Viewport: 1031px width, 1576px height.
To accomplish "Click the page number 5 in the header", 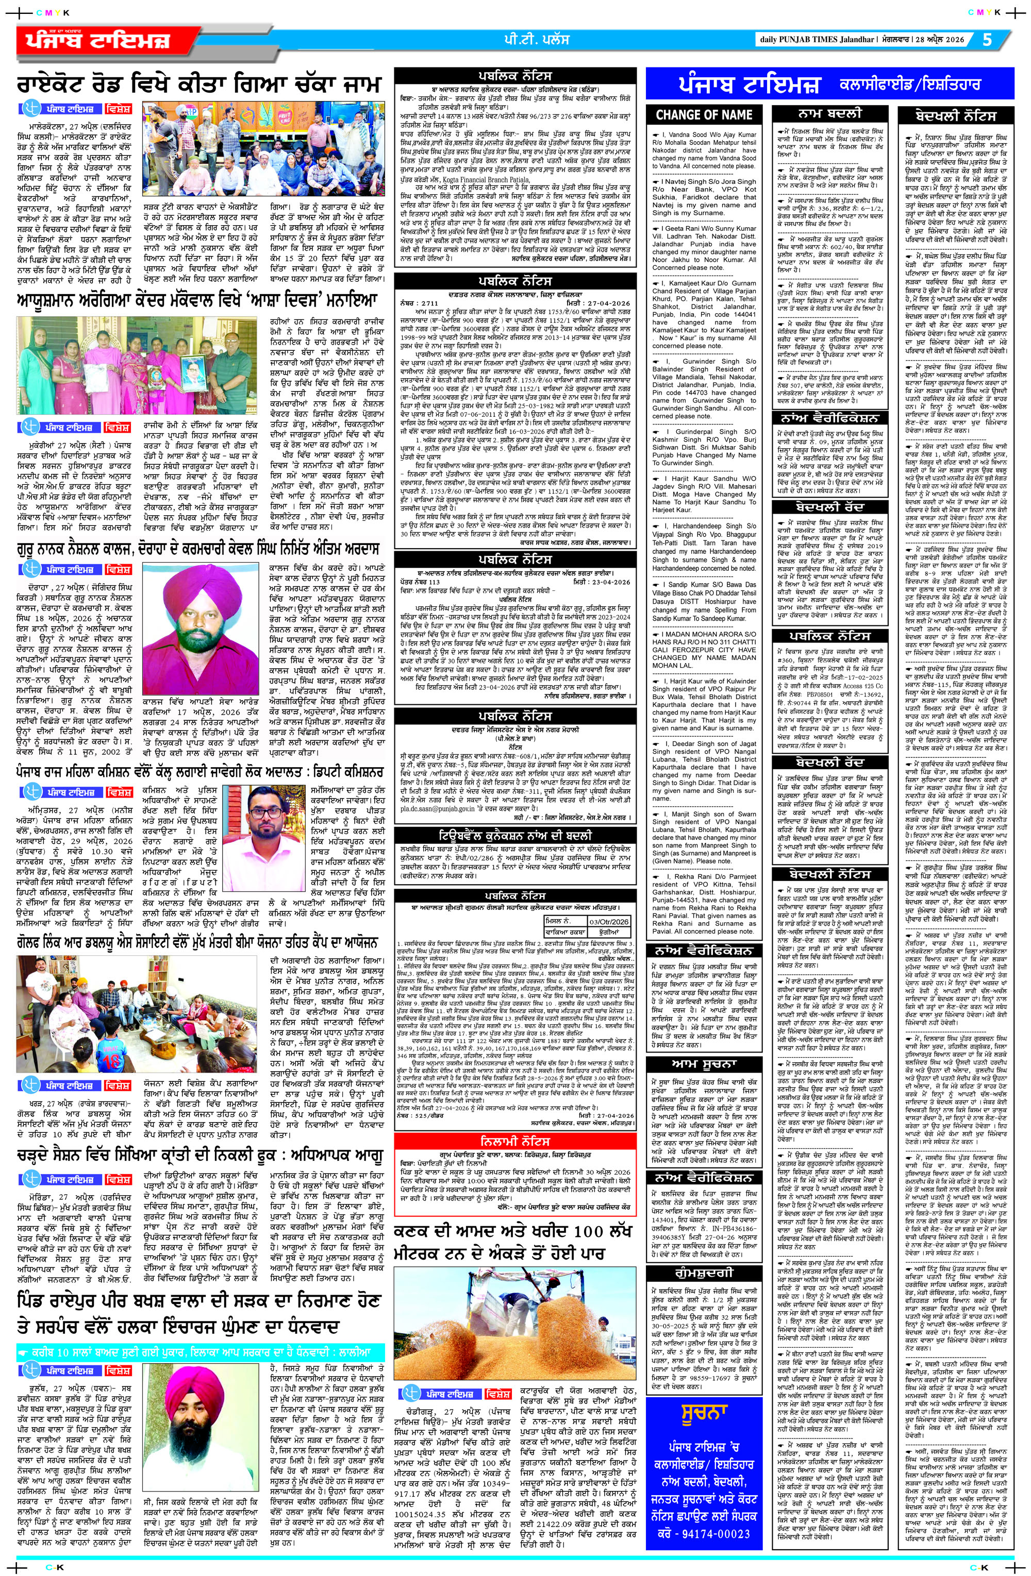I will tap(987, 40).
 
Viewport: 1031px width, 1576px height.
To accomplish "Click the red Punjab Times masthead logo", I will tap(109, 41).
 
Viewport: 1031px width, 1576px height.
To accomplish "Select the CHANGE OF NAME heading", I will tap(704, 114).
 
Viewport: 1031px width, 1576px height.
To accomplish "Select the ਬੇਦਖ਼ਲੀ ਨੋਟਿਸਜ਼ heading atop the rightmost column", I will tap(955, 114).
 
